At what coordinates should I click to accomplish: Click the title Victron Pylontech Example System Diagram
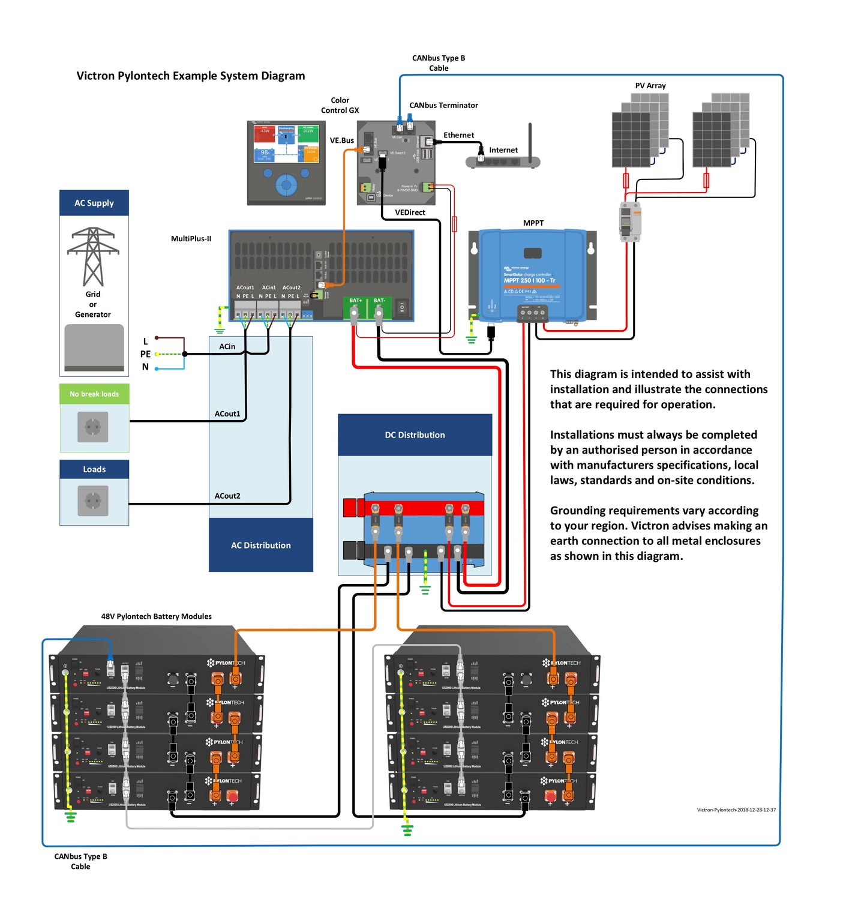[x=190, y=76]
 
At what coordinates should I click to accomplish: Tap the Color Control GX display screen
[x=286, y=143]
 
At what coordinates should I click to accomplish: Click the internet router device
[x=503, y=161]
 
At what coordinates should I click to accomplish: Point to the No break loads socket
[x=93, y=427]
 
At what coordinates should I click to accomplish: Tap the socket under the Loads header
[x=93, y=501]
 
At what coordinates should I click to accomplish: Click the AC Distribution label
[x=261, y=545]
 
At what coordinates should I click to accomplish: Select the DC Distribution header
[x=415, y=434]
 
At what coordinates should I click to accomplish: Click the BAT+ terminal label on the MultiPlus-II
[x=356, y=300]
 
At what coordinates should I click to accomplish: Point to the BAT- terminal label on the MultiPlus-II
[x=379, y=300]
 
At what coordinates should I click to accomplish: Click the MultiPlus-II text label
[x=191, y=239]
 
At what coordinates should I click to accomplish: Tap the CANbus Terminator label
[x=443, y=105]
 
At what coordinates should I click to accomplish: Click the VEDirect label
[x=410, y=212]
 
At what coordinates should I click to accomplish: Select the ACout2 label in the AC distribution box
[x=227, y=496]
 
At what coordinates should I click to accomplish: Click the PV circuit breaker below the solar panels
[x=630, y=221]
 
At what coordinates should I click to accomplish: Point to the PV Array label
[x=650, y=86]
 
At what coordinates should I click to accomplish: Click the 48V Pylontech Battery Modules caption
[x=156, y=616]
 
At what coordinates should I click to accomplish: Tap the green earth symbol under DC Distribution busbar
[x=425, y=590]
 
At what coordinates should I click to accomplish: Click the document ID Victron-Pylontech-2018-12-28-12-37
[x=736, y=810]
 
